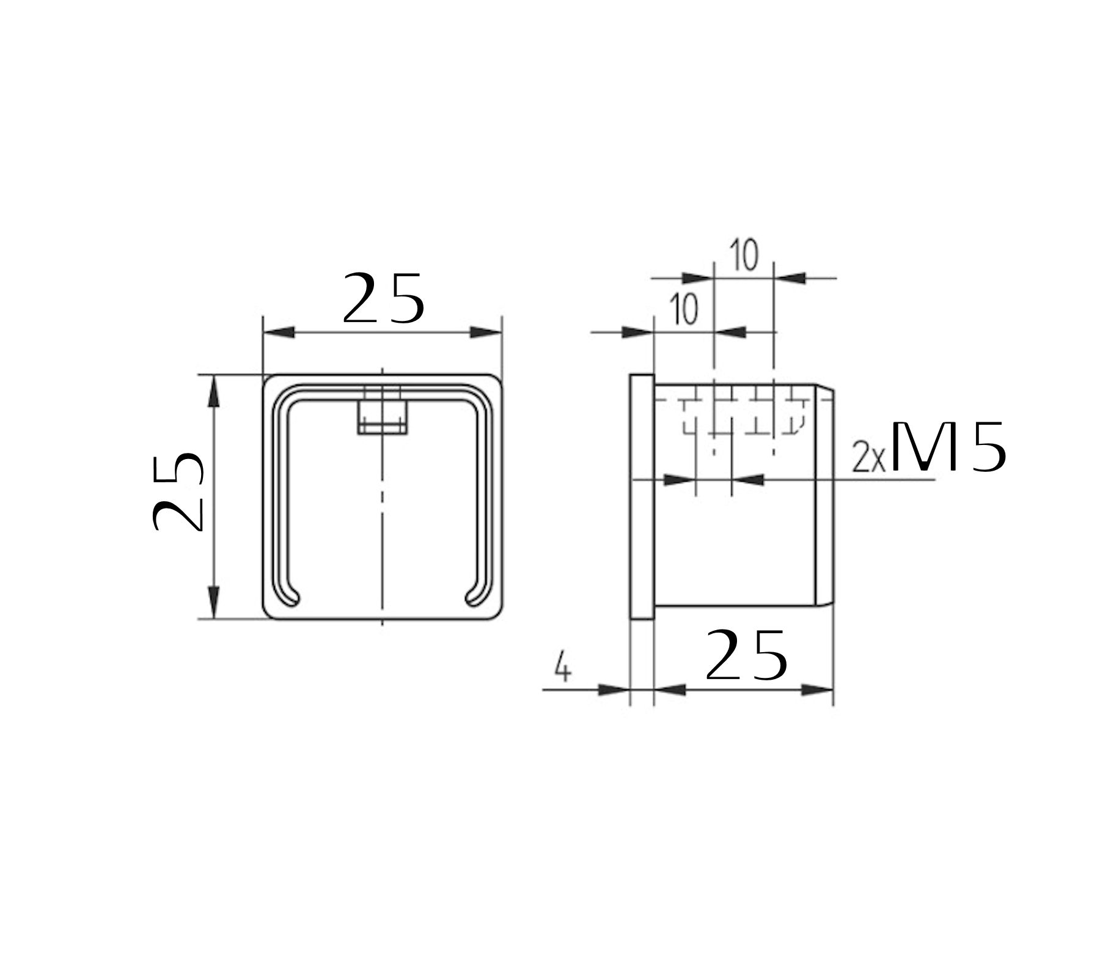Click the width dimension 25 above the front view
click(383, 298)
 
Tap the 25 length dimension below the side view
click(746, 655)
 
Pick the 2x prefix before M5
click(868, 457)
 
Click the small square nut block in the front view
click(383, 416)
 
